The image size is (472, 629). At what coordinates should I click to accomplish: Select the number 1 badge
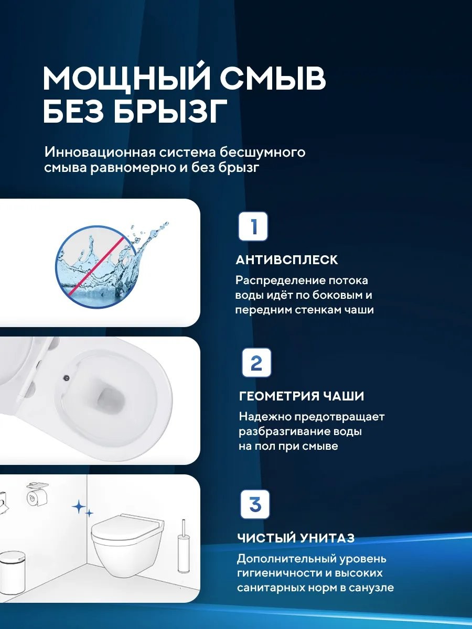pyautogui.click(x=253, y=226)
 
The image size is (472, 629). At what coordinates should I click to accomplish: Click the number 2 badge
pyautogui.click(x=256, y=363)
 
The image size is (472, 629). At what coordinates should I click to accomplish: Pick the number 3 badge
pyautogui.click(x=255, y=504)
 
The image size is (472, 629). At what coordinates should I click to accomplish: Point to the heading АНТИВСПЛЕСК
pyautogui.click(x=287, y=260)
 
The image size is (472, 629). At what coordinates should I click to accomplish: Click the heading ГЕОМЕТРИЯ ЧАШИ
pyautogui.click(x=302, y=396)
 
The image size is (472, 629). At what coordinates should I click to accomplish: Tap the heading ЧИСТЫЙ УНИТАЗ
pyautogui.click(x=296, y=538)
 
